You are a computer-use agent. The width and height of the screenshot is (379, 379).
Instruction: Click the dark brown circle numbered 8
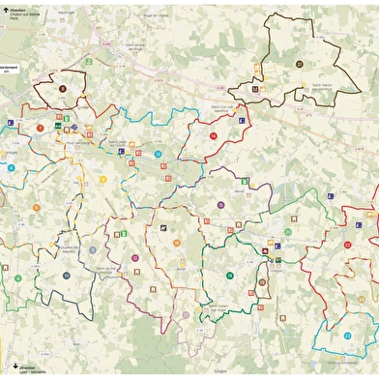pos(63,88)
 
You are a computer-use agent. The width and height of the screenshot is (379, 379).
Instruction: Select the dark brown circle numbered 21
pos(300,64)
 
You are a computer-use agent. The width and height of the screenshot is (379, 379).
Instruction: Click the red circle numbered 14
pos(212,136)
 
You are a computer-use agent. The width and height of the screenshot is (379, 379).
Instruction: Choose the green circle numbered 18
pos(230,276)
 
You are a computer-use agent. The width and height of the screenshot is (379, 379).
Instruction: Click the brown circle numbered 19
pos(262,282)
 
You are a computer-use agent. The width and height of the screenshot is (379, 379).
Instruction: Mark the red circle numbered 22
pos(347,233)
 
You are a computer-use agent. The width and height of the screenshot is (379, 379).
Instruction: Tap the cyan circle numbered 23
pos(347,335)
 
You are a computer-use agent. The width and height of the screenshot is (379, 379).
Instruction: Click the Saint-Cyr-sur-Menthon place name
pos(225,107)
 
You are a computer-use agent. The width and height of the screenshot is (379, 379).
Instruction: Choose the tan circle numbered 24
pos(178,242)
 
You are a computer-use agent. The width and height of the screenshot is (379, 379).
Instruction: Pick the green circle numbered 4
pos(12,168)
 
